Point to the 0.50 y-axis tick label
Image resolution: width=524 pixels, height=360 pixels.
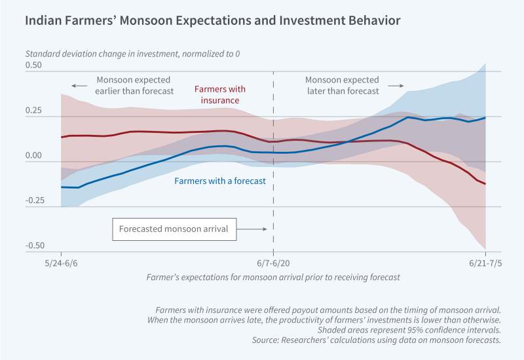click(33, 65)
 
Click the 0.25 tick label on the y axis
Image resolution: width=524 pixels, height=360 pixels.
click(33, 111)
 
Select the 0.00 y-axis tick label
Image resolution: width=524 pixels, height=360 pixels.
click(33, 156)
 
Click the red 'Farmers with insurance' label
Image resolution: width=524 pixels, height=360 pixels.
click(217, 95)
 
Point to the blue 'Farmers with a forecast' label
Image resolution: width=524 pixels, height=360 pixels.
click(220, 181)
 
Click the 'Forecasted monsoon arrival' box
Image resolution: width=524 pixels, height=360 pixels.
click(174, 229)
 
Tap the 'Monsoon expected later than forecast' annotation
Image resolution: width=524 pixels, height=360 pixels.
click(342, 85)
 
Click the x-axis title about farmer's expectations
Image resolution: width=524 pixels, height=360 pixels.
click(273, 277)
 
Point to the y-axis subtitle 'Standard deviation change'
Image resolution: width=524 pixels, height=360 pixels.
click(138, 52)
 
